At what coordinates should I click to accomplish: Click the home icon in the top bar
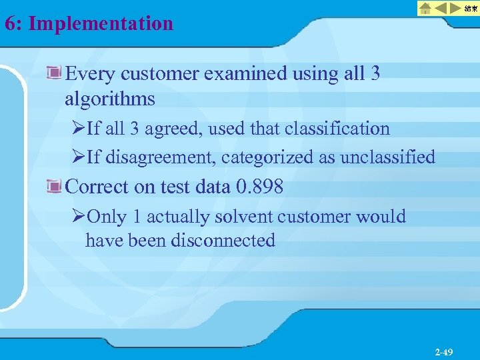(425, 9)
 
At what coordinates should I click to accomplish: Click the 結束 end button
(471, 9)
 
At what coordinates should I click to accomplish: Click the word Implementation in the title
(101, 24)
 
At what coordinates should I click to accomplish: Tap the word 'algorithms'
(110, 99)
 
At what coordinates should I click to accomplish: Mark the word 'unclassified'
(387, 157)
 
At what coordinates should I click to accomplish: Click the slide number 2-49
(443, 351)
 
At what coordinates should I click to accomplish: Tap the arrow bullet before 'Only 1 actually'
(79, 217)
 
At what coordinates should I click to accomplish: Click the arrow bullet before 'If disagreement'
(79, 157)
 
